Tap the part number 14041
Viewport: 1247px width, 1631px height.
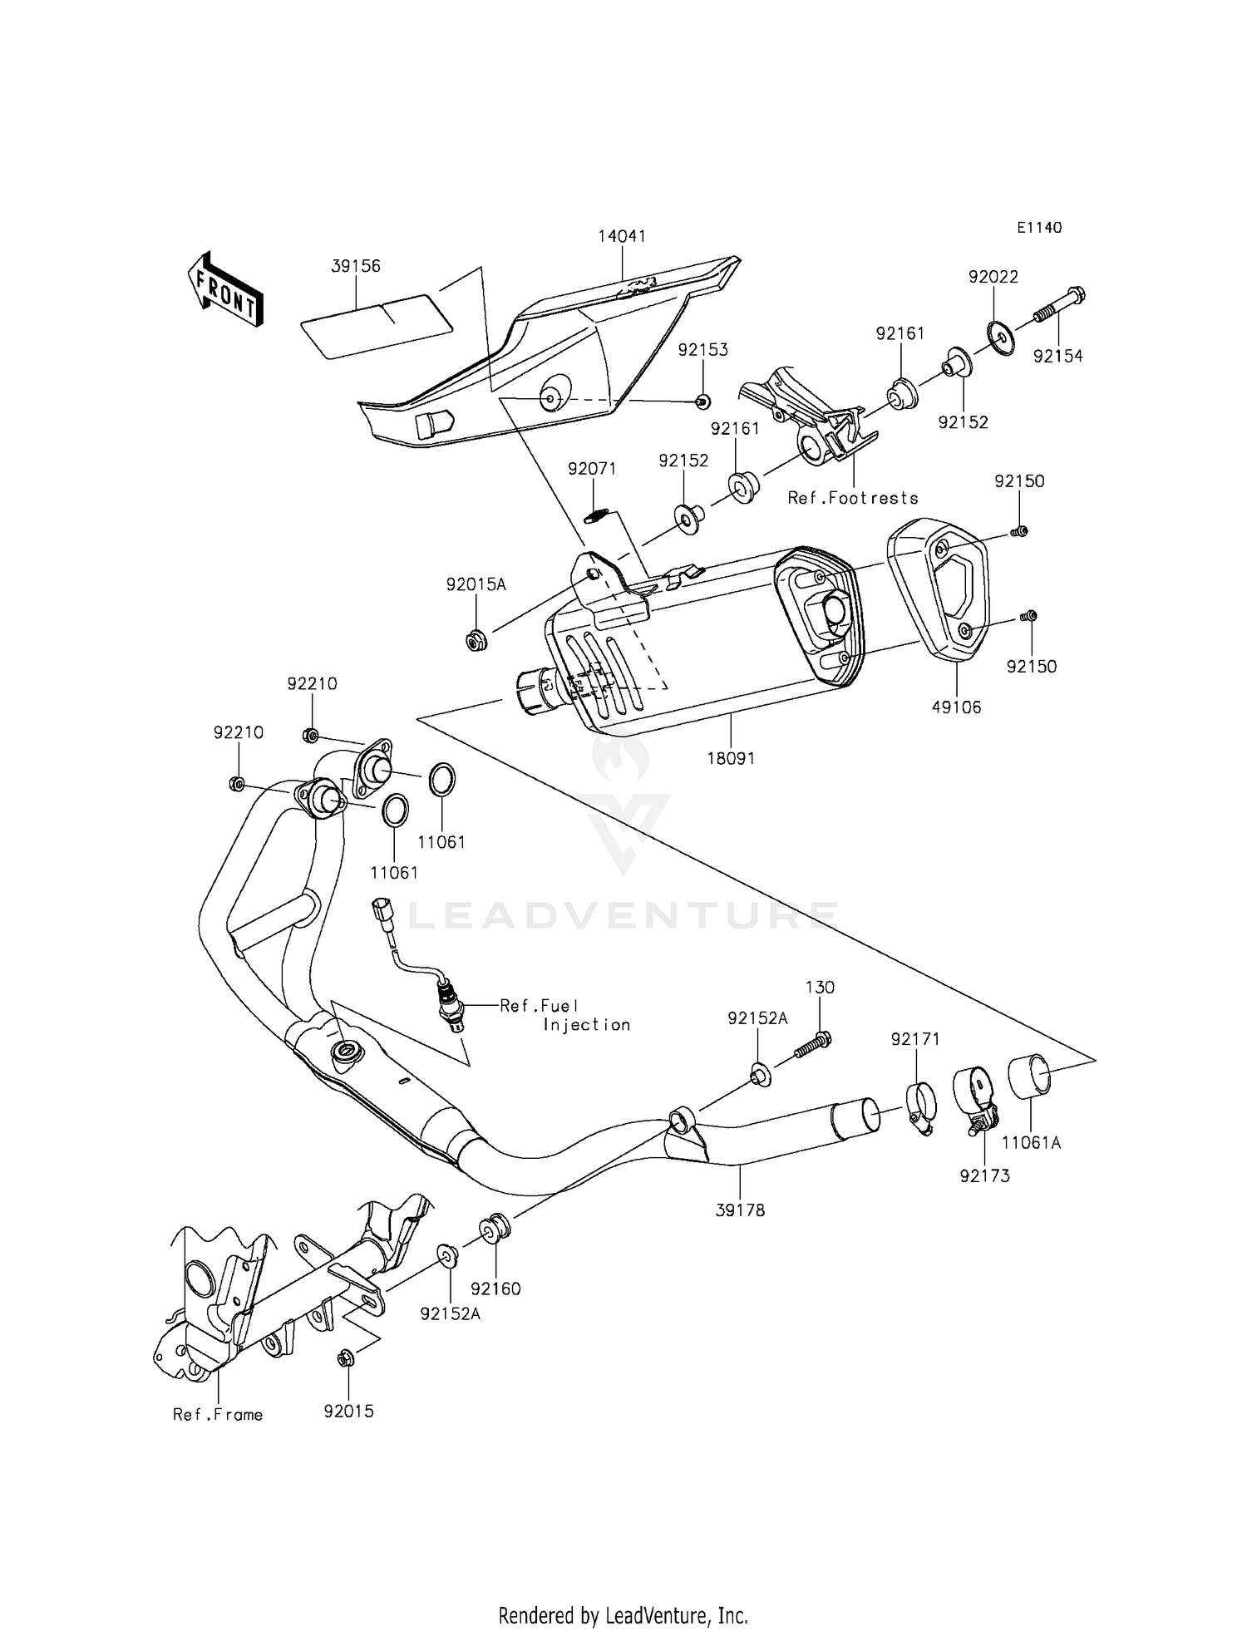point(622,236)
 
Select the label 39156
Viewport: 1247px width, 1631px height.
point(356,266)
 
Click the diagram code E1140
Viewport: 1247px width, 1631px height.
point(1038,228)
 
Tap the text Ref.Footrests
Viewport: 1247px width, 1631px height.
point(853,498)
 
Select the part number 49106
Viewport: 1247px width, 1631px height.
point(956,707)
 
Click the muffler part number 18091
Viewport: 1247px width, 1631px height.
point(731,758)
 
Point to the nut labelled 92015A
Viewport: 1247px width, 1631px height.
point(476,640)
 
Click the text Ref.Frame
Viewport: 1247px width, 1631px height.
point(218,1415)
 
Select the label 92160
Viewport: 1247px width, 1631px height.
point(495,1289)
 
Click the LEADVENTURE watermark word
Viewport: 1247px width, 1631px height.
point(623,915)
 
